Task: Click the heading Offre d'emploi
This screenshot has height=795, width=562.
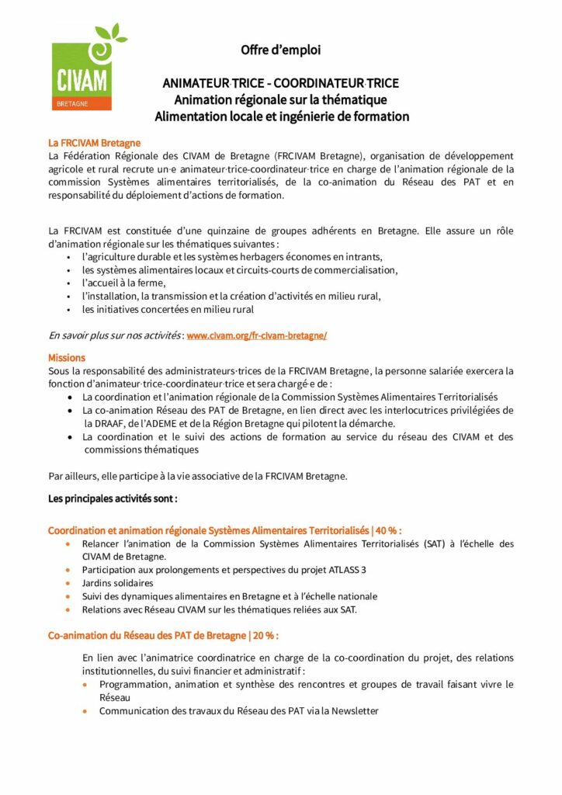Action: tap(280, 50)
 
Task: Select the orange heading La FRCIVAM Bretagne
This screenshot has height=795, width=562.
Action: tap(94, 143)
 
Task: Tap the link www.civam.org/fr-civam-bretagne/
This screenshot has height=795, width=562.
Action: tap(257, 335)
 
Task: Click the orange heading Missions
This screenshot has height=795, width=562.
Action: tap(67, 358)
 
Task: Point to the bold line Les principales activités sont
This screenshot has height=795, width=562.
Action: tap(113, 498)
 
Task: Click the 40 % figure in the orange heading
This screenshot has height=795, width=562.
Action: tap(387, 531)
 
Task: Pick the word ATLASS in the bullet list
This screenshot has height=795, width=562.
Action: tap(336, 570)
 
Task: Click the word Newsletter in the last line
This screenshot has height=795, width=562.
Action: tap(352, 710)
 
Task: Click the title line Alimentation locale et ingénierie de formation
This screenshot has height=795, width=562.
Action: tap(281, 116)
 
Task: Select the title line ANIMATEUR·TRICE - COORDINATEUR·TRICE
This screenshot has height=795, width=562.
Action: tap(280, 83)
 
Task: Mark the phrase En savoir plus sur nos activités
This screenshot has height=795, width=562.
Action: tap(115, 335)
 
